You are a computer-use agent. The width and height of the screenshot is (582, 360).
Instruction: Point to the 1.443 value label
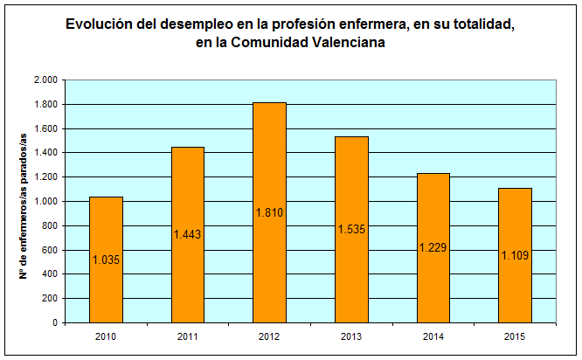point(188,234)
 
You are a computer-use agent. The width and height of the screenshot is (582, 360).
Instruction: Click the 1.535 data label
point(352,229)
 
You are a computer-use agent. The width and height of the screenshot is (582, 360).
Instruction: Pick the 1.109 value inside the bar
point(516,255)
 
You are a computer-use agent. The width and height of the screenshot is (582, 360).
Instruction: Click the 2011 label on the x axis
point(188,336)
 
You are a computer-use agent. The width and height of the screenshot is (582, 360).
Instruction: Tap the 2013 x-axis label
point(352,336)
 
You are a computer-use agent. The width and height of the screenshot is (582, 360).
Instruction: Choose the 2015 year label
point(516,336)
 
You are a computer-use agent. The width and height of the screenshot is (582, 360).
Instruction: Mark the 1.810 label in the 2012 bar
point(270,212)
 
